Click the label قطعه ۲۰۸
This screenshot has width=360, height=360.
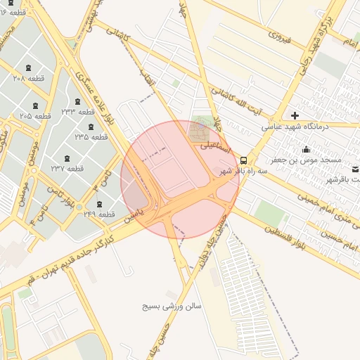[x=28, y=79]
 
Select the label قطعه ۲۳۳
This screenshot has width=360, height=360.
[x=77, y=112]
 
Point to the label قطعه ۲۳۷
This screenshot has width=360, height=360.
[x=67, y=169]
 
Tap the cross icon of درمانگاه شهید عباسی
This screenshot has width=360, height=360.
[x=295, y=115]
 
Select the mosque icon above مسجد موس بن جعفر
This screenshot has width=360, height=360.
[x=306, y=149]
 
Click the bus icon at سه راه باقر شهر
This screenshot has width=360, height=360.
[x=243, y=160]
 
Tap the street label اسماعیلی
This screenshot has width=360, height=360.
[x=214, y=148]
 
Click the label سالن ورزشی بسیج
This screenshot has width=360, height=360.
[x=172, y=307]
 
